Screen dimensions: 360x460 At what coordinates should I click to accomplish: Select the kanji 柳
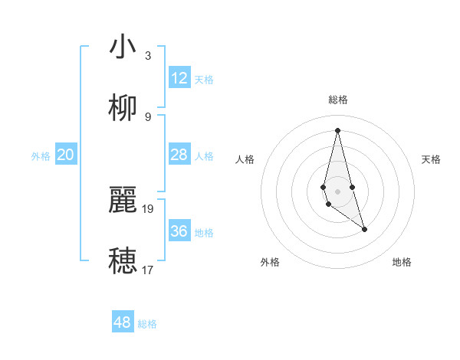123,107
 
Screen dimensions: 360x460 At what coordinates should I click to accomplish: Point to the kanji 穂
123,260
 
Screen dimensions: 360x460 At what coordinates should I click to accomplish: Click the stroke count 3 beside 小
148,55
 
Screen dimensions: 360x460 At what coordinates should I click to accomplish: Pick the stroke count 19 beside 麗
148,208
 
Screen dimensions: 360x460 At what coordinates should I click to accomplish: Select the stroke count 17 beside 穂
148,270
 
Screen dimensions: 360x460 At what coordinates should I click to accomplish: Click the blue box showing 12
179,78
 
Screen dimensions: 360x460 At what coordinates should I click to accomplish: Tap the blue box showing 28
179,155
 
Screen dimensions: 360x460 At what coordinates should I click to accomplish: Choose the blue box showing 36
179,231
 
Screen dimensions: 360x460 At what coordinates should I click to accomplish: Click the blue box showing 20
66,155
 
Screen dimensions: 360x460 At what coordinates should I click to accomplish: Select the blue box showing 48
123,322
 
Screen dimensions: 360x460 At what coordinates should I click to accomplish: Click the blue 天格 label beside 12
204,80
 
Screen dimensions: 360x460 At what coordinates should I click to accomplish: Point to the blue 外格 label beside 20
41,156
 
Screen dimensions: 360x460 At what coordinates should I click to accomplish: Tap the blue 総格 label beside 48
147,324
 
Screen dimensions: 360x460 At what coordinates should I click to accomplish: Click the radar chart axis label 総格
337,100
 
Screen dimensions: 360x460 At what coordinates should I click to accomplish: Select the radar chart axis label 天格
431,159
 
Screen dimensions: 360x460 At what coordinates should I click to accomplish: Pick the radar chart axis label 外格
270,262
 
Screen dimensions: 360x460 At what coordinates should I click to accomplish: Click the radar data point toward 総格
337,129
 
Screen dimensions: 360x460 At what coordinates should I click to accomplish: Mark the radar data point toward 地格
364,229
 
